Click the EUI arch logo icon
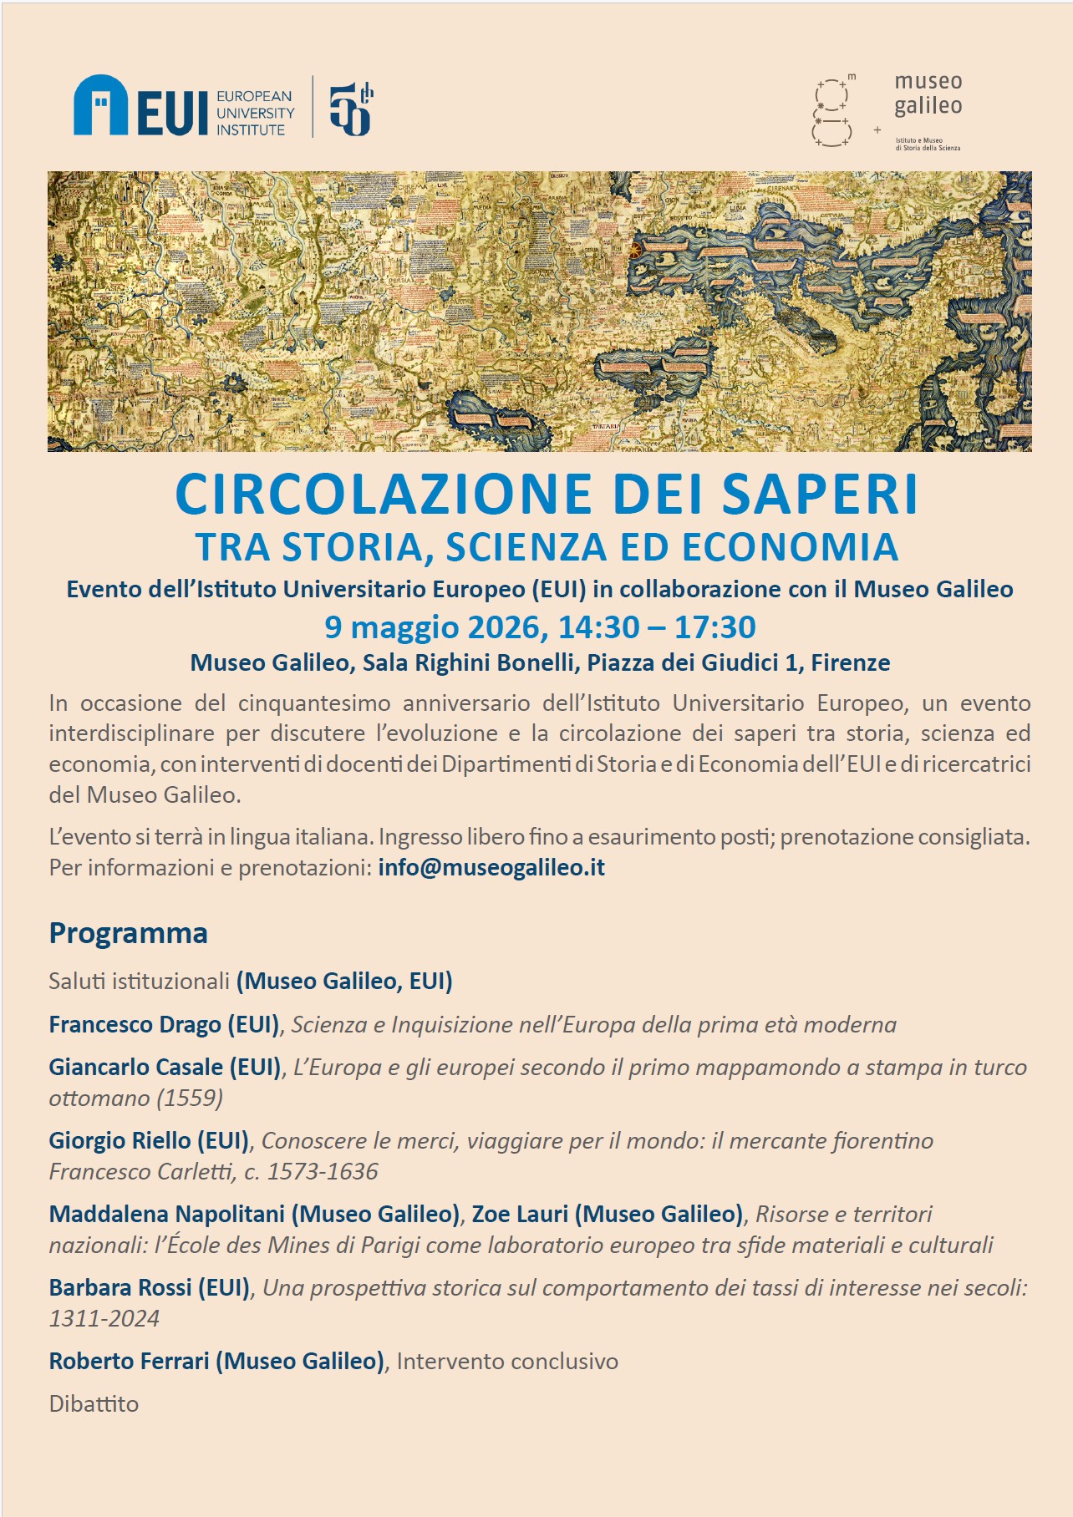pyautogui.click(x=100, y=105)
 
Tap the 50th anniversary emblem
pyautogui.click(x=350, y=109)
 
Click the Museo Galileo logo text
pyautogui.click(x=928, y=94)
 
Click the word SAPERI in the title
pyautogui.click(x=820, y=495)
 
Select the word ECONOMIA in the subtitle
pyautogui.click(x=790, y=547)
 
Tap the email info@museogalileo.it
pyautogui.click(x=491, y=867)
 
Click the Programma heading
pyautogui.click(x=128, y=932)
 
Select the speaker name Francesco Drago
pyautogui.click(x=135, y=1024)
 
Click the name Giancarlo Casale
pyautogui.click(x=136, y=1067)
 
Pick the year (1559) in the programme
pyautogui.click(x=190, y=1098)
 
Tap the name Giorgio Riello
pyautogui.click(x=120, y=1140)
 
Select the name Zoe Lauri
pyautogui.click(x=520, y=1214)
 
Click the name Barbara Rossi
pyautogui.click(x=120, y=1287)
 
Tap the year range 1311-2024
pyautogui.click(x=104, y=1318)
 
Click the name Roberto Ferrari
pyautogui.click(x=129, y=1361)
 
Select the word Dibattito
pyautogui.click(x=94, y=1403)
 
